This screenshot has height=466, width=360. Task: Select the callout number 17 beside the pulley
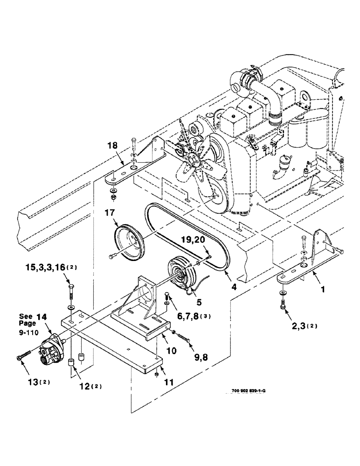(110, 214)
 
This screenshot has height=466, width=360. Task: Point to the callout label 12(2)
(86, 386)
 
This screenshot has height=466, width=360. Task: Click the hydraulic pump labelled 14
(52, 349)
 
